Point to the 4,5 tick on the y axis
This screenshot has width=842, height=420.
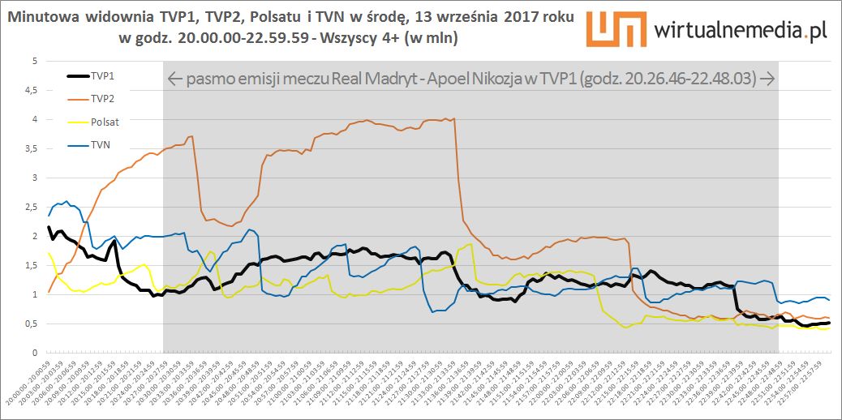click(x=32, y=91)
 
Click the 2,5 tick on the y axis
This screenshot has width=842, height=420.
click(x=32, y=208)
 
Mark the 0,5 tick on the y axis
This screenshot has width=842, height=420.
click(x=32, y=324)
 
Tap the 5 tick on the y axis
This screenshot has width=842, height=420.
click(x=35, y=62)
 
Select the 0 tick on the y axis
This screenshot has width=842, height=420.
click(x=35, y=354)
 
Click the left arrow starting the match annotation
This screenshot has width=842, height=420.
click(x=174, y=79)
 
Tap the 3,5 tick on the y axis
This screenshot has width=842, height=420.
click(x=32, y=149)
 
